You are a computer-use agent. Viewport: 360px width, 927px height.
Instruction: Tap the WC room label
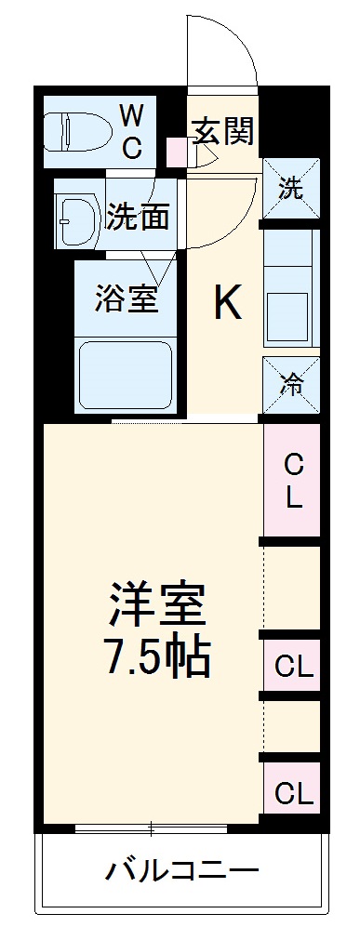pyautogui.click(x=131, y=131)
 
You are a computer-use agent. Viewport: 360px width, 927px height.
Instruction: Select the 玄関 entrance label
pyautogui.click(x=223, y=132)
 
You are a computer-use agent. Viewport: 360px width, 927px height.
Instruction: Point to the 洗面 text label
pyautogui.click(x=137, y=216)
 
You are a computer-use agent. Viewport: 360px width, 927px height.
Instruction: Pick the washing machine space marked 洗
pyautogui.click(x=292, y=189)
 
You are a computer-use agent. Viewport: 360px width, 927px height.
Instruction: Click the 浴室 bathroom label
pyautogui.click(x=126, y=298)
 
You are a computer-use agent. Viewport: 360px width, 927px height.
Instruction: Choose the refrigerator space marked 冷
pyautogui.click(x=292, y=383)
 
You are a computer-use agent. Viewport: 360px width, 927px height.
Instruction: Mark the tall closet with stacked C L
pyautogui.click(x=292, y=481)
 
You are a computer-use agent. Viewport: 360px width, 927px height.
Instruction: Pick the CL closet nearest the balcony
pyautogui.click(x=292, y=793)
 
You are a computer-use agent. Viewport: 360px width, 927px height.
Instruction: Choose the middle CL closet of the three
pyautogui.click(x=292, y=666)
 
